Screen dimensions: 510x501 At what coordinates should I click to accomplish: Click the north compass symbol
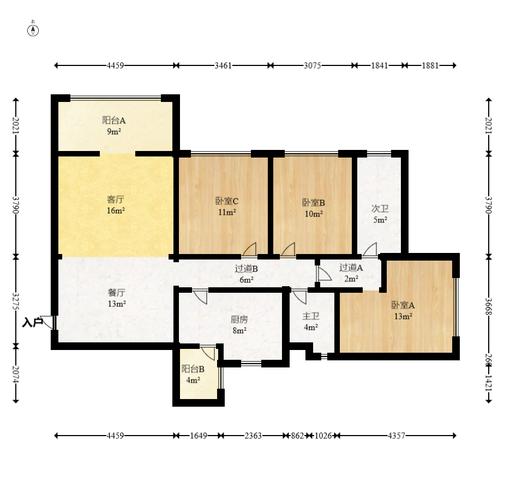33,30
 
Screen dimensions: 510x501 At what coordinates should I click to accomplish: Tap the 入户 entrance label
33,323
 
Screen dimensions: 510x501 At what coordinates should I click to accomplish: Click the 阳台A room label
114,120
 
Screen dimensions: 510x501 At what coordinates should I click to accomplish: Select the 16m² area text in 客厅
116,210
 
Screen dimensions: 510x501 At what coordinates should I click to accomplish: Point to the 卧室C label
227,201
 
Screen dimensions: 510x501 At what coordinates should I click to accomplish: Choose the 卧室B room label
314,203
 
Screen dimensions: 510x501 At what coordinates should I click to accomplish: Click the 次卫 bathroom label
380,209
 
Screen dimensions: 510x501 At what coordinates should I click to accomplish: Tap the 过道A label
351,268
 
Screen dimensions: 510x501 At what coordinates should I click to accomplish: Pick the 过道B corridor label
247,269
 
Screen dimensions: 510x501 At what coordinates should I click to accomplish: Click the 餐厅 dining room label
116,293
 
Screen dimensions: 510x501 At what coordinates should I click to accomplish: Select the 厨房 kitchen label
239,319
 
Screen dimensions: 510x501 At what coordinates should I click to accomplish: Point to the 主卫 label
311,316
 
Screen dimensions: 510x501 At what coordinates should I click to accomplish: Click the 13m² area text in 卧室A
403,316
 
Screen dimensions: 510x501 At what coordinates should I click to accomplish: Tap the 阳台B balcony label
193,369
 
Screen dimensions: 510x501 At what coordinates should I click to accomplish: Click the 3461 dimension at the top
223,65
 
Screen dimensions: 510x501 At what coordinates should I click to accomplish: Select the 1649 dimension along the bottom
199,436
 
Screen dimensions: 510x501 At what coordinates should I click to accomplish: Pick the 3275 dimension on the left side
16,301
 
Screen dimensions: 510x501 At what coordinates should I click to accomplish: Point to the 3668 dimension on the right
489,306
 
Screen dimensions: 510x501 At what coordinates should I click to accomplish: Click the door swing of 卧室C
250,249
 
